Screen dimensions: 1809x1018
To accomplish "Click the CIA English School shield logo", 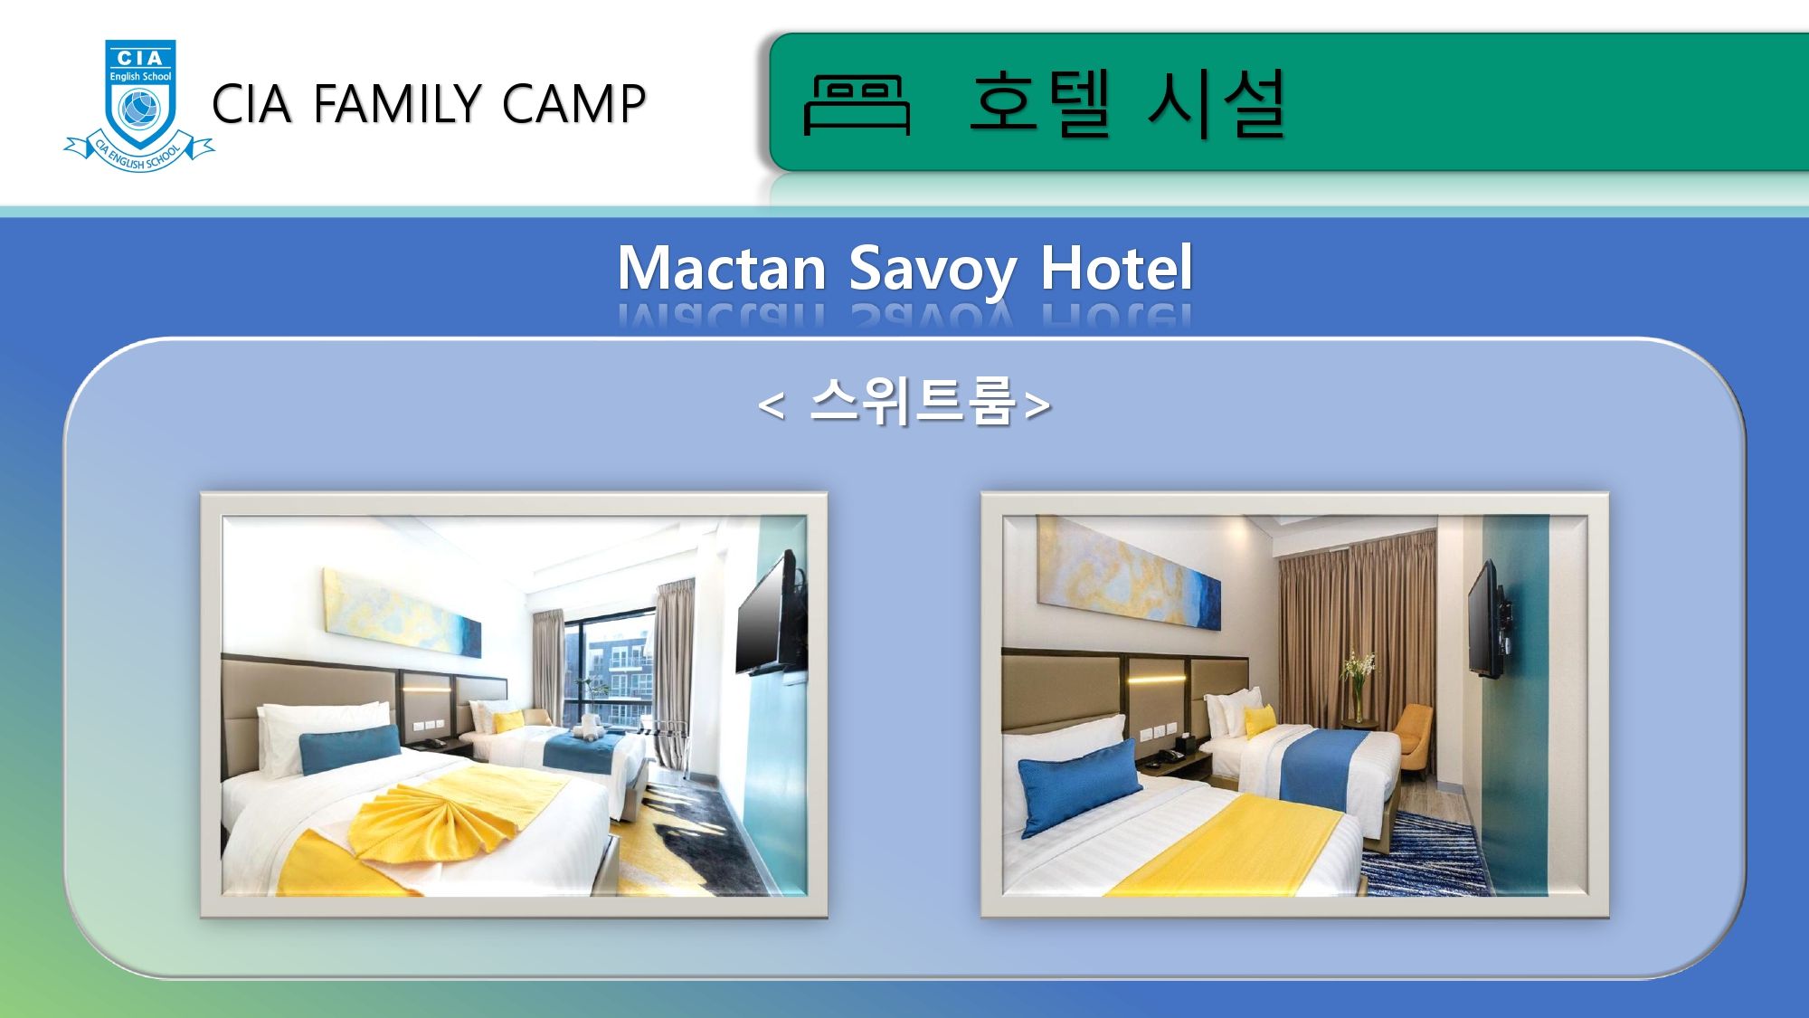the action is [x=139, y=105].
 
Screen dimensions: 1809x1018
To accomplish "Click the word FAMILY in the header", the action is [x=398, y=103].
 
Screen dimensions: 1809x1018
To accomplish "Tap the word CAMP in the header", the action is [x=574, y=103].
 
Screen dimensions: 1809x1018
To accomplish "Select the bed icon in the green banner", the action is [x=856, y=105].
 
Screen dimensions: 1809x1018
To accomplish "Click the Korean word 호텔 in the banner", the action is [x=1040, y=103].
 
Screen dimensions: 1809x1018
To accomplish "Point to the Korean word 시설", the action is [x=1217, y=103].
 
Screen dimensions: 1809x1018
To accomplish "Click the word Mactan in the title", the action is [x=722, y=269].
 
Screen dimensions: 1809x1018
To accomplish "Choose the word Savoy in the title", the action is [x=933, y=271].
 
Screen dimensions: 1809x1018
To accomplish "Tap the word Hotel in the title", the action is [x=1117, y=269].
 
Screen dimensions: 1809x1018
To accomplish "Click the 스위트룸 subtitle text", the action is [x=913, y=401].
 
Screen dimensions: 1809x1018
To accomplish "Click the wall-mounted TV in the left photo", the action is [x=771, y=615].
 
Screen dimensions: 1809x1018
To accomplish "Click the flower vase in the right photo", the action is [x=1358, y=688].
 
